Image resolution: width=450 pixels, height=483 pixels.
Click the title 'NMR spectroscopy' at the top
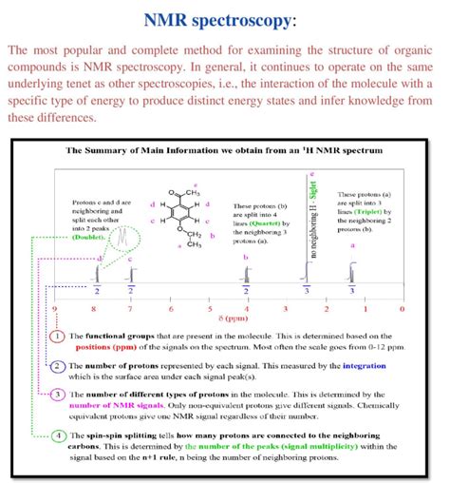[x=224, y=20]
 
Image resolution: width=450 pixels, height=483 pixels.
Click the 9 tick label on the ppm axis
[x=55, y=309]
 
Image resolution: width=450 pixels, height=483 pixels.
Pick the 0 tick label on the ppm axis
[x=402, y=309]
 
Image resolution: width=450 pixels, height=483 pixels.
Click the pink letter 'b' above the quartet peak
[x=246, y=258]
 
